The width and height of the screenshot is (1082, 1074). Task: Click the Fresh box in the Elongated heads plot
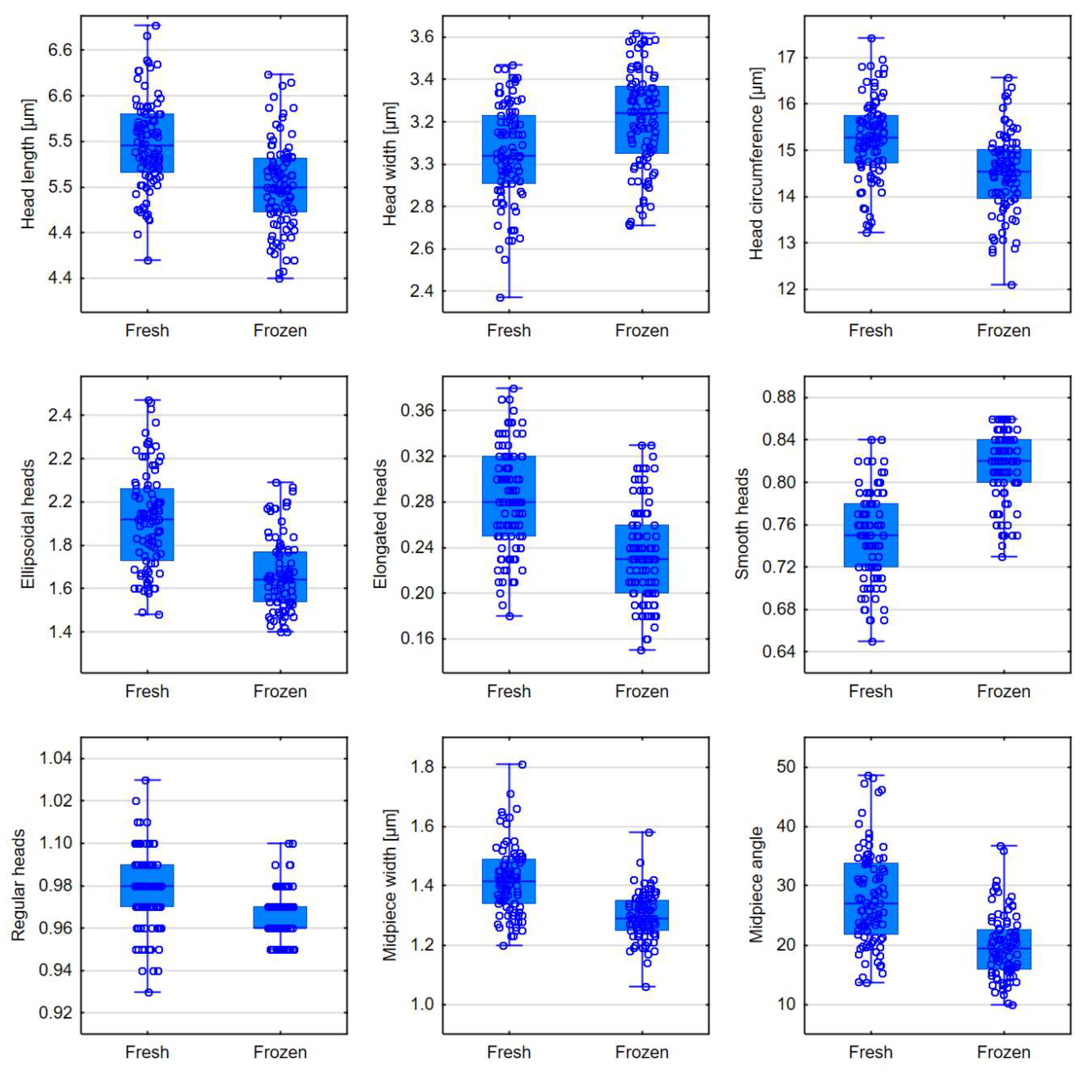click(508, 496)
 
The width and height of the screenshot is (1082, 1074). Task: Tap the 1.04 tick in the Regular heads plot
click(55, 758)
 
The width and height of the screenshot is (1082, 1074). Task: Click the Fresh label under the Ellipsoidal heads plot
click(147, 691)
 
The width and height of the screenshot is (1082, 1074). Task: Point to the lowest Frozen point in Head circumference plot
click(1011, 285)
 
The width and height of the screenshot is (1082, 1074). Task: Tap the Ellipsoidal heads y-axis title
click(28, 524)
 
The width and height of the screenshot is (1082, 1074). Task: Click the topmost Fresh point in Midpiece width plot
click(522, 765)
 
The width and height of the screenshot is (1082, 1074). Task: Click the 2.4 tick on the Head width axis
click(422, 291)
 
